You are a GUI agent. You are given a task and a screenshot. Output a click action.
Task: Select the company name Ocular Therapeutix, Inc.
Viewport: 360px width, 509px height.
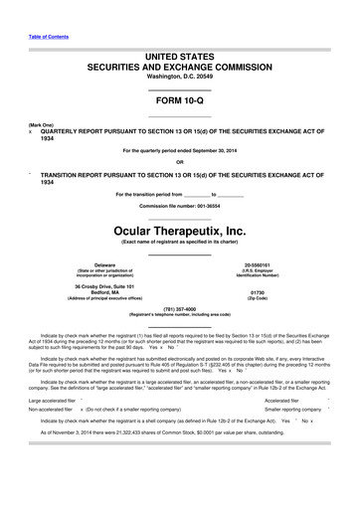pyautogui.click(x=179, y=230)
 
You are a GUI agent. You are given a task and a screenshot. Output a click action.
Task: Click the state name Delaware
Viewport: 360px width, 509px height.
pyautogui.click(x=97, y=264)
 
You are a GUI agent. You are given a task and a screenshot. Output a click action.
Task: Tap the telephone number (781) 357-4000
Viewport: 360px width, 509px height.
pyautogui.click(x=179, y=308)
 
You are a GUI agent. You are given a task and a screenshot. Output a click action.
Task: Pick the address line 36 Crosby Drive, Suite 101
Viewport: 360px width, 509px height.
pyautogui.click(x=97, y=286)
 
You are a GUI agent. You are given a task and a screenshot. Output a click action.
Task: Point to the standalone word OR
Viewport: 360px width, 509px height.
pyautogui.click(x=179, y=162)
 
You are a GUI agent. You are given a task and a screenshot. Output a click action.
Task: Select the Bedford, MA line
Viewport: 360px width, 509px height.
pyautogui.click(x=97, y=292)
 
